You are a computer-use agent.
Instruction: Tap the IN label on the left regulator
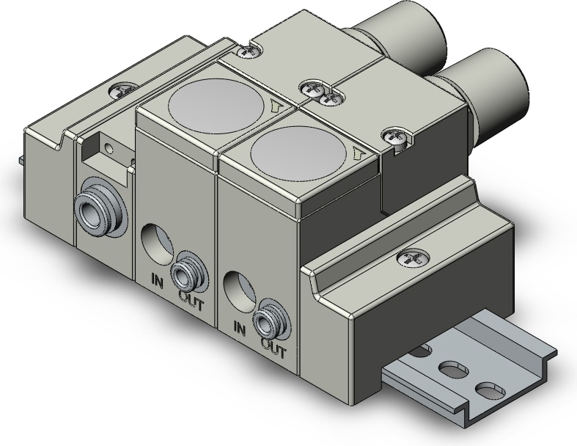(157, 279)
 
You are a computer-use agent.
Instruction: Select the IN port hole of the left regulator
(156, 244)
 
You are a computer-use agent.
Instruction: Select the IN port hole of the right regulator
(239, 288)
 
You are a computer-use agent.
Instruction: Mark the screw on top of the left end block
(119, 92)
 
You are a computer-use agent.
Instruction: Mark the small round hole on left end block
(109, 148)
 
